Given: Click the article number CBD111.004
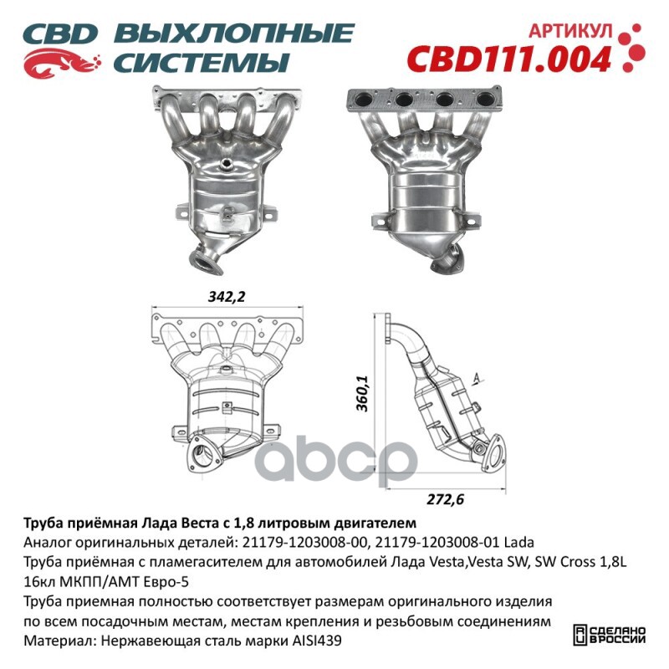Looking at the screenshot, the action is pos(509,59).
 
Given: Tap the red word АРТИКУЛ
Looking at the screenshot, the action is pos(570,31).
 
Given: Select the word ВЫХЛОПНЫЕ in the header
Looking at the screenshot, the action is pos(234,33).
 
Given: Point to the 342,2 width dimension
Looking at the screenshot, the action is pos(227,297).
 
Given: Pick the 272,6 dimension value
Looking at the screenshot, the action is pos(445,498).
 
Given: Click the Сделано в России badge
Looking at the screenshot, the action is pos(609,635).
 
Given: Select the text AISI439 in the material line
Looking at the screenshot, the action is pos(316,641).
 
